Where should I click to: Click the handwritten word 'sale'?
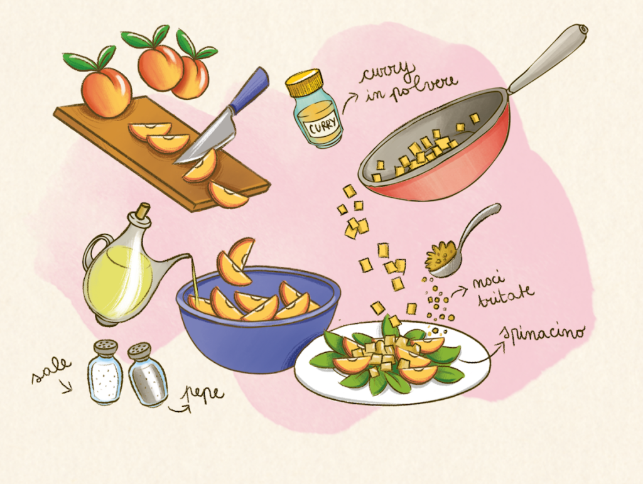click(x=51, y=370)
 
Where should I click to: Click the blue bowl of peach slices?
click(x=258, y=320)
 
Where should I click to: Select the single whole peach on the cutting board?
click(x=106, y=91)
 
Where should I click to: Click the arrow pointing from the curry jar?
click(x=349, y=101)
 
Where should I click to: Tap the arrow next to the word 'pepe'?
click(x=179, y=409)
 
